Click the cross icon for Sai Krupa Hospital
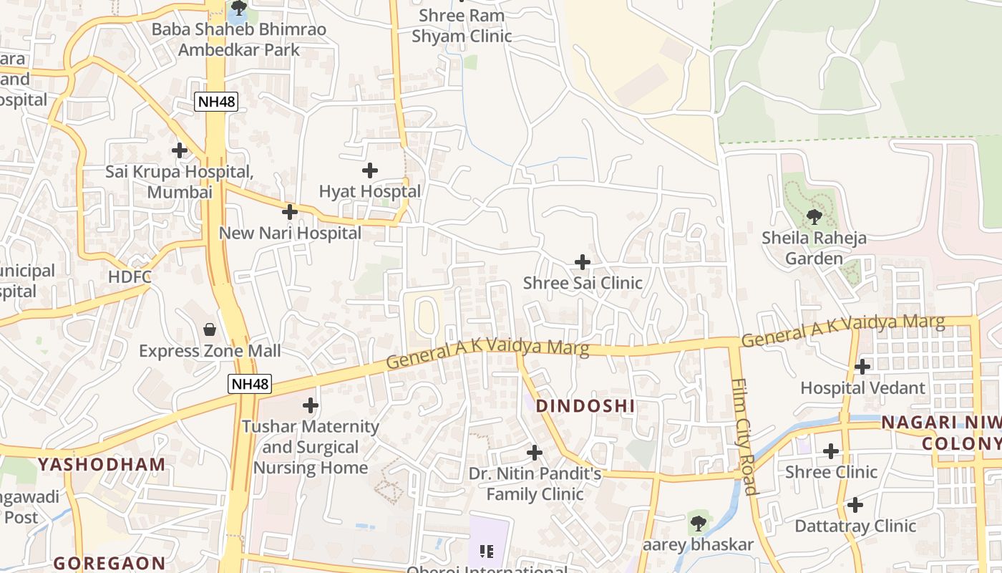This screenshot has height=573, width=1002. click(179, 150)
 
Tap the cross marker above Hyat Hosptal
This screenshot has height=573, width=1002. click(369, 170)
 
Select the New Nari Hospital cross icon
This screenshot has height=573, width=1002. click(289, 212)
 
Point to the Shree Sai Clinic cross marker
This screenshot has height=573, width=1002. click(583, 261)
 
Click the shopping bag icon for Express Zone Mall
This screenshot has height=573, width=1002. click(210, 329)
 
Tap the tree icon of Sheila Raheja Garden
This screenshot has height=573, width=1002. click(813, 216)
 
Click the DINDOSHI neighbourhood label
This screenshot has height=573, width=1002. click(585, 406)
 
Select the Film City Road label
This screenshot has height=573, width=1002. click(744, 437)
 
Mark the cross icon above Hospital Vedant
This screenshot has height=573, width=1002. click(862, 367)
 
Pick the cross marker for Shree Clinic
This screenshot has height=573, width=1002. click(830, 451)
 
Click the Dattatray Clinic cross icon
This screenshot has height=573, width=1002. click(855, 505)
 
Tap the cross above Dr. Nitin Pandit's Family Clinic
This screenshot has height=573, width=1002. click(534, 453)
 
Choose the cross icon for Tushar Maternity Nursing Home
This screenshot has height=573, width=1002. click(310, 405)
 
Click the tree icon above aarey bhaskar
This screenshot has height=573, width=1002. click(697, 523)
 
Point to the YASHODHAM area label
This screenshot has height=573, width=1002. click(101, 464)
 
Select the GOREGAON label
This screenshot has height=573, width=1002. click(110, 563)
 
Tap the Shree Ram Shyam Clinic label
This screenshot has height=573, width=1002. click(462, 26)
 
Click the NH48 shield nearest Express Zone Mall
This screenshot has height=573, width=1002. click(250, 384)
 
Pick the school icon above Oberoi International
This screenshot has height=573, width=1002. click(487, 551)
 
